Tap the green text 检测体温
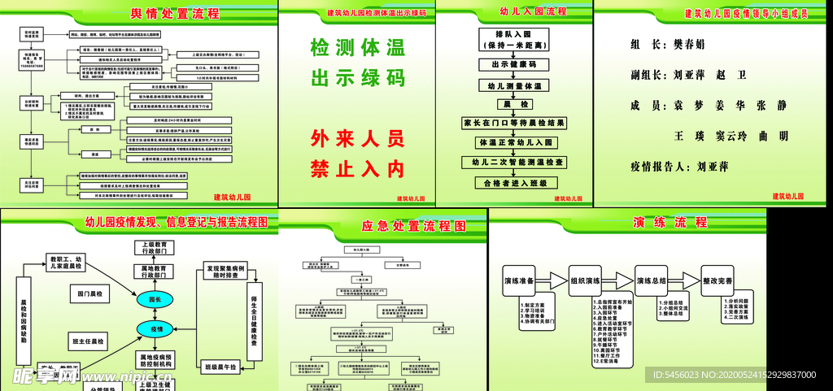click(x=357, y=48)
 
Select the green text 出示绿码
click(x=357, y=78)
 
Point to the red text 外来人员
click(x=357, y=139)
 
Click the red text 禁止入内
click(x=357, y=169)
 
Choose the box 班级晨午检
click(x=219, y=368)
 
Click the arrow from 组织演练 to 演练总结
click(x=621, y=280)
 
